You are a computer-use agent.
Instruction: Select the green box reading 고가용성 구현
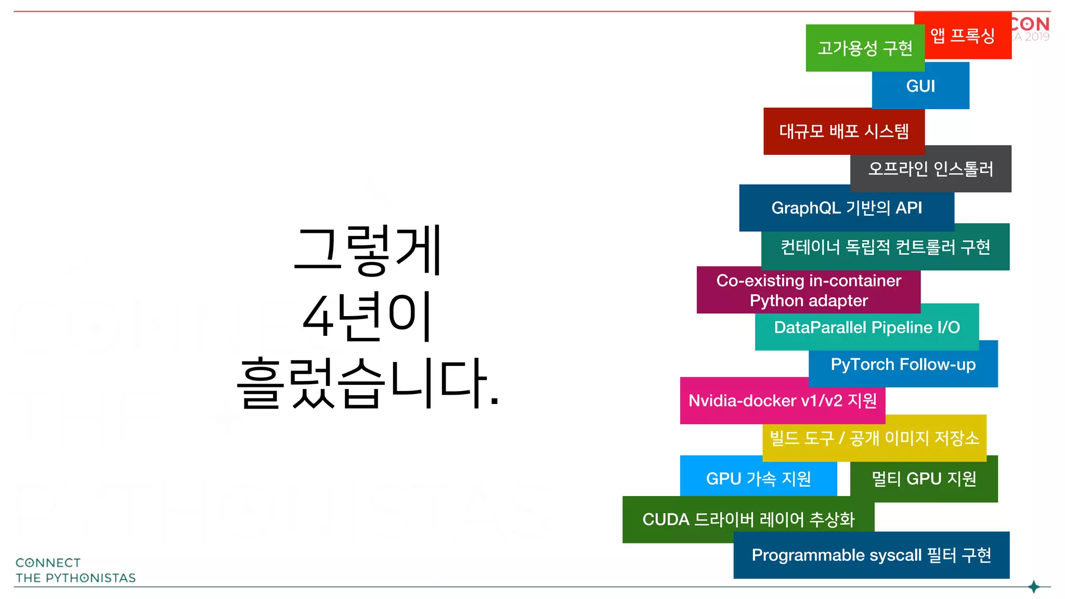tap(865, 48)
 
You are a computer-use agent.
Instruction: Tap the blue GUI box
tap(920, 86)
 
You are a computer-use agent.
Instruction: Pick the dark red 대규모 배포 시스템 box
tap(843, 131)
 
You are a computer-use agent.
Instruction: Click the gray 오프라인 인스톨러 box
tap(931, 169)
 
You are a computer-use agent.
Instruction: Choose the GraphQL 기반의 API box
tap(846, 208)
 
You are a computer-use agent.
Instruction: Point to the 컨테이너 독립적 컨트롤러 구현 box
tap(885, 247)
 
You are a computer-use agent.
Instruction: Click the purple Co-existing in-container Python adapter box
tap(808, 290)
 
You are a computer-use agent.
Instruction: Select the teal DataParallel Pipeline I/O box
tap(866, 328)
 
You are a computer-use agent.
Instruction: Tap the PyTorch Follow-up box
tap(903, 364)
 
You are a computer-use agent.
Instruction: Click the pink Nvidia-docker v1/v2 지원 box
tap(782, 401)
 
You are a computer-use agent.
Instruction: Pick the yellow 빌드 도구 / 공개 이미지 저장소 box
tap(874, 438)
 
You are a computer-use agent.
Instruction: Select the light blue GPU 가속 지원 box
tap(758, 478)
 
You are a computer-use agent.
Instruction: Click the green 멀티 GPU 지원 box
tap(924, 479)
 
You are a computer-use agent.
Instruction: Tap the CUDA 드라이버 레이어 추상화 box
tap(748, 519)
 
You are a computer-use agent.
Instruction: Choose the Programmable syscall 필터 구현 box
tap(871, 555)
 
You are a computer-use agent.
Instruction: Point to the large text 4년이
tap(367, 316)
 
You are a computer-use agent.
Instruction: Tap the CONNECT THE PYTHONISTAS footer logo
tap(75, 570)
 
